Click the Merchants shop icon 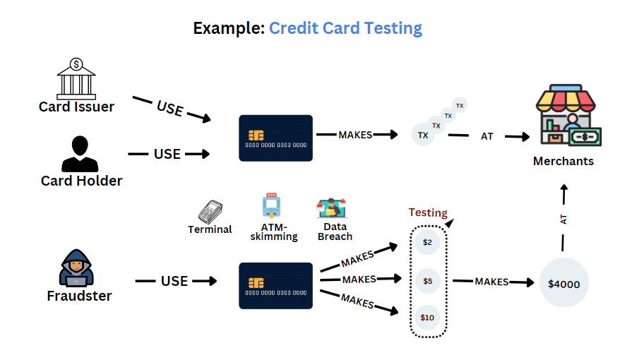click(568, 115)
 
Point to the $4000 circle click(564, 282)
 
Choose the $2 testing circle click(427, 242)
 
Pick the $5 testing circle click(427, 281)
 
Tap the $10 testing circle click(427, 318)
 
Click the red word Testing click(428, 212)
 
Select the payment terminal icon click(210, 212)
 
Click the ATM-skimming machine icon click(271, 205)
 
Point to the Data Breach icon click(331, 208)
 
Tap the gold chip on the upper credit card click(256, 136)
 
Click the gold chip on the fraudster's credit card click(256, 283)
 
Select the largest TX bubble click(423, 134)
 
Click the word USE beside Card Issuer click(170, 108)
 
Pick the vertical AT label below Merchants click(564, 220)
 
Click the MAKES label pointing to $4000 click(491, 282)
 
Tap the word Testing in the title click(393, 29)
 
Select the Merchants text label click(564, 161)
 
